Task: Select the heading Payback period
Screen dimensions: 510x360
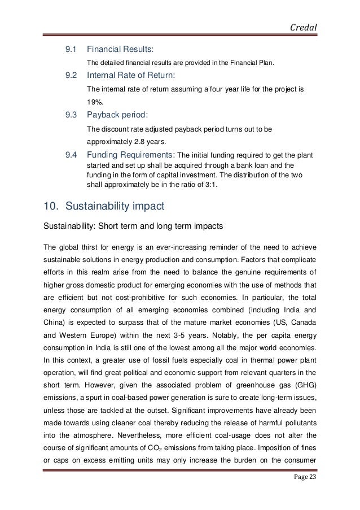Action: [117, 115]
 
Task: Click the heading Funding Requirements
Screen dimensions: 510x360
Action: [131, 155]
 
